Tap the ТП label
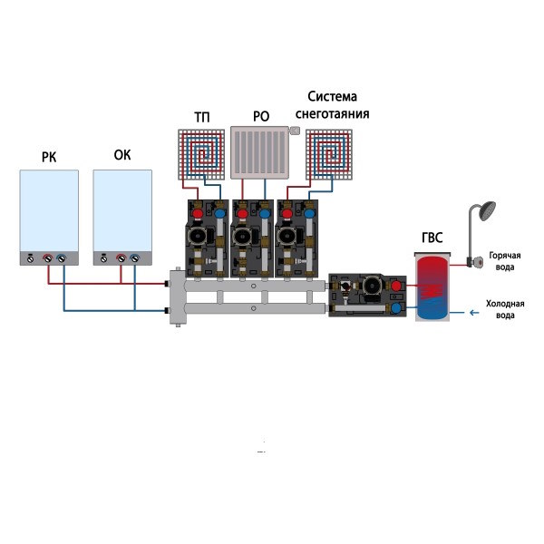click(x=201, y=117)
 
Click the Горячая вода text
click(x=502, y=261)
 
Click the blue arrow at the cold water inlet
click(x=471, y=314)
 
